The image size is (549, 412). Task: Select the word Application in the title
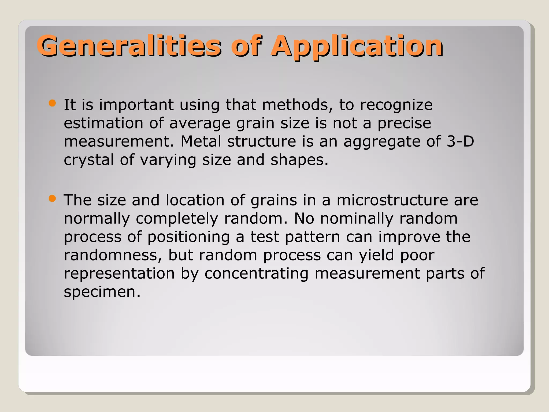[357, 46]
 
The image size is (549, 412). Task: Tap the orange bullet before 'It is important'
[52, 103]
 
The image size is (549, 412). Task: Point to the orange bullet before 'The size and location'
[52, 199]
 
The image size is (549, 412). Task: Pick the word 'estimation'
[103, 123]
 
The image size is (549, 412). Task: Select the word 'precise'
[404, 123]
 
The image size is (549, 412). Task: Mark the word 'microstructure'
[392, 200]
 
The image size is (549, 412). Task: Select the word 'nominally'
[357, 219]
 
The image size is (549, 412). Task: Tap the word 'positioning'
[189, 237]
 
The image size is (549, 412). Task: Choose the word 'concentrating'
[256, 274]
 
